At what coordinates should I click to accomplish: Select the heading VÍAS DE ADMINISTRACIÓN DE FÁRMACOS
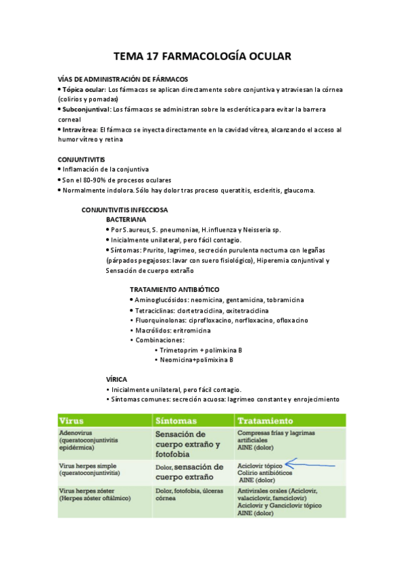pyautogui.click(x=122, y=79)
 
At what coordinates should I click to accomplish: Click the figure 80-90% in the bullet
pyautogui.click(x=101, y=180)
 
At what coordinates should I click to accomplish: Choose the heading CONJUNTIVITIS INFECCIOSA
pyautogui.click(x=124, y=210)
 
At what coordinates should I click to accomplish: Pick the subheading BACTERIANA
pyautogui.click(x=126, y=220)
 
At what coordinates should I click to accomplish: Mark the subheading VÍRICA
pyautogui.click(x=117, y=379)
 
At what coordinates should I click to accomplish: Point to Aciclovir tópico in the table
pyautogui.click(x=260, y=466)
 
